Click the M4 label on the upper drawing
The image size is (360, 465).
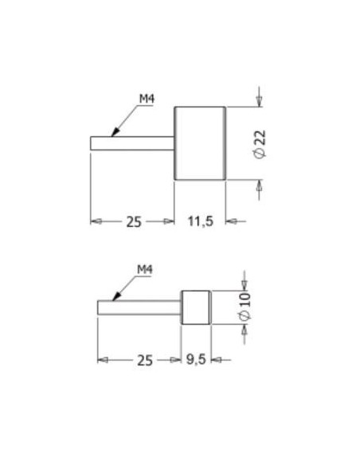tap(146, 98)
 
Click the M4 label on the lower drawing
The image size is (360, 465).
tap(144, 270)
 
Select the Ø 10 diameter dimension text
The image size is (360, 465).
tap(245, 307)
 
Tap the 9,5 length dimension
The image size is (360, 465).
tap(196, 360)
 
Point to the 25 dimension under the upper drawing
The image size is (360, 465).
tap(133, 221)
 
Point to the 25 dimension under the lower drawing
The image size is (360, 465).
tap(144, 360)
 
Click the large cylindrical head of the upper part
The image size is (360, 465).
tap(200, 143)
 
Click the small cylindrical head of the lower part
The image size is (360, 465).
tap(196, 307)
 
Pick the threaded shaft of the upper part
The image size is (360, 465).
tap(132, 143)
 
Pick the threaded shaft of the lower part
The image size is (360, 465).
tap(139, 307)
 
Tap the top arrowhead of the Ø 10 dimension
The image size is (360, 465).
tap(245, 286)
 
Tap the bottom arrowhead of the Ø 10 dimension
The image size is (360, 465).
tap(245, 328)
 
